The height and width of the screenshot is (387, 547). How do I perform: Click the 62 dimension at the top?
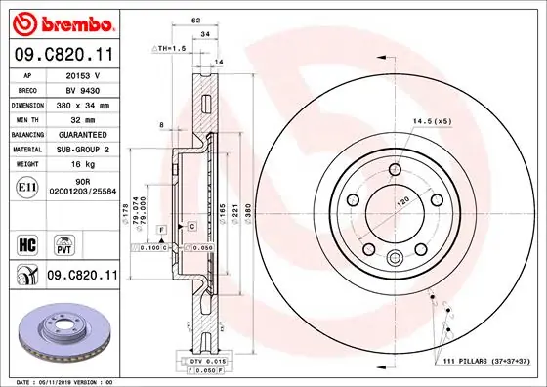click(x=195, y=20)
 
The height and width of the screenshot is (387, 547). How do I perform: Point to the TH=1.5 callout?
click(x=173, y=47)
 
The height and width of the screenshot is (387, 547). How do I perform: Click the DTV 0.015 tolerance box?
click(x=202, y=363)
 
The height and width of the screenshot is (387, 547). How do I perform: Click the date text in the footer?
click(x=61, y=381)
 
